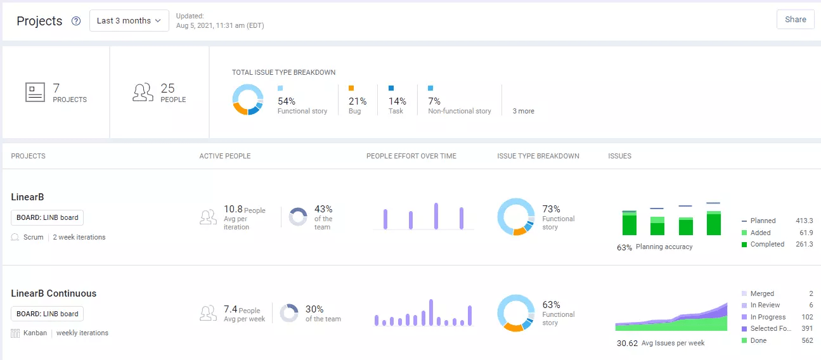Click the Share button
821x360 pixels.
(795, 20)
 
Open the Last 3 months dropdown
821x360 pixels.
(129, 21)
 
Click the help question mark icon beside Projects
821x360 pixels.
(76, 21)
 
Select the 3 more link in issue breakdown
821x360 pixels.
(523, 111)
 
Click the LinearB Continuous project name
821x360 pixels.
(54, 293)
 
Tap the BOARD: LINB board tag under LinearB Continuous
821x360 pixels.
(48, 314)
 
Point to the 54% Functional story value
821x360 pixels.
(287, 101)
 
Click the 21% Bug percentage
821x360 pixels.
(358, 101)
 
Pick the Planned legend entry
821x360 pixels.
(763, 221)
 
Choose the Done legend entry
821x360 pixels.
(758, 340)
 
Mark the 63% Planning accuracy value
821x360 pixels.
(624, 247)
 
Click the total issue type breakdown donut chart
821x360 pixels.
(247, 100)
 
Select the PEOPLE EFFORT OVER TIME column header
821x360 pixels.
(411, 156)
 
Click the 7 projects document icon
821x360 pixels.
(35, 93)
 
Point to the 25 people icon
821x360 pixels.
(143, 93)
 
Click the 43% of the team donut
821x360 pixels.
(298, 217)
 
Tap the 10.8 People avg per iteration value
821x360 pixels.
(233, 210)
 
